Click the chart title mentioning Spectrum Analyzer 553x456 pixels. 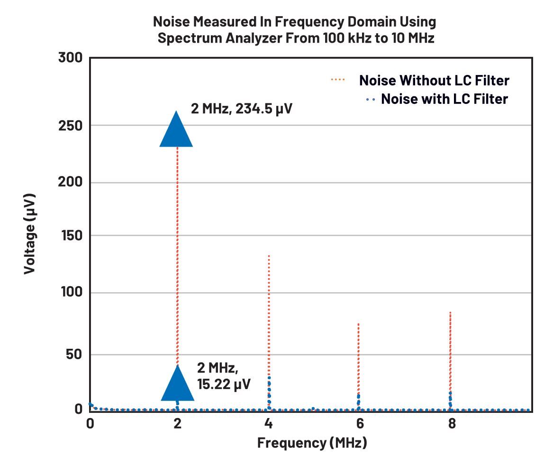coord(294,29)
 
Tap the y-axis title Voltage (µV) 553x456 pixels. coord(30,233)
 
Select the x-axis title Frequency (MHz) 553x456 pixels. coord(312,443)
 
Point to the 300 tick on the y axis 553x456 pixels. coord(71,58)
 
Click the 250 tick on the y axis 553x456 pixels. coord(71,125)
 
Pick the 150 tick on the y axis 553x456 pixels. coord(71,236)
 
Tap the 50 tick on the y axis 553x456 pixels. coord(74,354)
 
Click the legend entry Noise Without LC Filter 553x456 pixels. coord(434,80)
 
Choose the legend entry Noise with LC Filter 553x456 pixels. coord(444,99)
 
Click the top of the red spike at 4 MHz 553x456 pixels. coord(269,255)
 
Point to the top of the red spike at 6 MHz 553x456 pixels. coord(358,324)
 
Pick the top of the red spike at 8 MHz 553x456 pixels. coord(450,312)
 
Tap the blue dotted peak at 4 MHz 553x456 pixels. coord(269,378)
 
